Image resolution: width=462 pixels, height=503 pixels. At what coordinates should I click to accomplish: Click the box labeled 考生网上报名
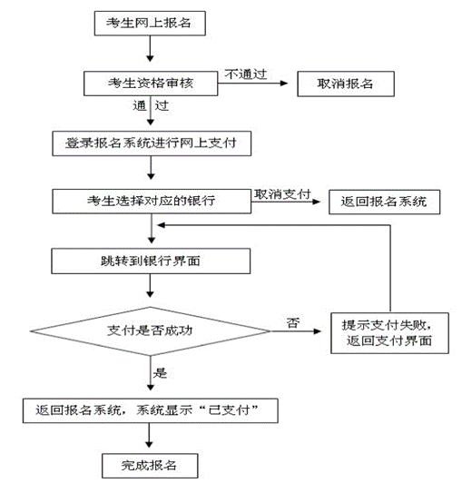click(150, 23)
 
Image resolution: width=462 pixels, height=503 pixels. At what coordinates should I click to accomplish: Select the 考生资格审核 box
click(151, 84)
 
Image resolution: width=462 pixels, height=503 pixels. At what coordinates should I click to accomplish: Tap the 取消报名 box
click(346, 84)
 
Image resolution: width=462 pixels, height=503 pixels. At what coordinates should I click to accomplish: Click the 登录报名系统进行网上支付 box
click(152, 143)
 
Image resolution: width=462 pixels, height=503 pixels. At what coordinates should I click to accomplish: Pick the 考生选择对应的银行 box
click(152, 202)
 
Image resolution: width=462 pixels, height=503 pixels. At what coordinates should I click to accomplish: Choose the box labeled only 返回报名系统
click(385, 202)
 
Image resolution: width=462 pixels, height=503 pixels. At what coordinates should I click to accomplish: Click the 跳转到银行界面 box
click(151, 261)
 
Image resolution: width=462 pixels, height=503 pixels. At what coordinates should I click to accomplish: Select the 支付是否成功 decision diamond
click(151, 331)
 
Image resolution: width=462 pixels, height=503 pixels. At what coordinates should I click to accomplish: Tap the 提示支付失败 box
click(389, 333)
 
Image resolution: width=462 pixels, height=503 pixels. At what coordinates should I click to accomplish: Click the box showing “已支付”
click(150, 410)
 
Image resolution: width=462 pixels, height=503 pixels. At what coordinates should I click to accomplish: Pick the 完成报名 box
click(150, 466)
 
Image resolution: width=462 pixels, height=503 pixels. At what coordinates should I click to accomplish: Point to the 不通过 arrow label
click(246, 74)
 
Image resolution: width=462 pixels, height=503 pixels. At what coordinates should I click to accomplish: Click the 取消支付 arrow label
click(282, 193)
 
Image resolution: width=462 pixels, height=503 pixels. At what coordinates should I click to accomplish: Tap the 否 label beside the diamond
click(293, 322)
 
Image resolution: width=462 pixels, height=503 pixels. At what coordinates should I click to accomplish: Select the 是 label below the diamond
click(160, 372)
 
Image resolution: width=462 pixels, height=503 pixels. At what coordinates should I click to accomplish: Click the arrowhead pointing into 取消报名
click(284, 84)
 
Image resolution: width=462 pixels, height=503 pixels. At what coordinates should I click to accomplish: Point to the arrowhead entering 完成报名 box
click(149, 444)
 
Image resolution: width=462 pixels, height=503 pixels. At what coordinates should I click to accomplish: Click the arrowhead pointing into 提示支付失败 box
click(318, 331)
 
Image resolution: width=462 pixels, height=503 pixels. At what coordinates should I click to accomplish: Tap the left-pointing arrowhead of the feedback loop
click(162, 225)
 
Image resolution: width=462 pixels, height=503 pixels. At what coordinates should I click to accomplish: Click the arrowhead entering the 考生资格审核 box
click(150, 58)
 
